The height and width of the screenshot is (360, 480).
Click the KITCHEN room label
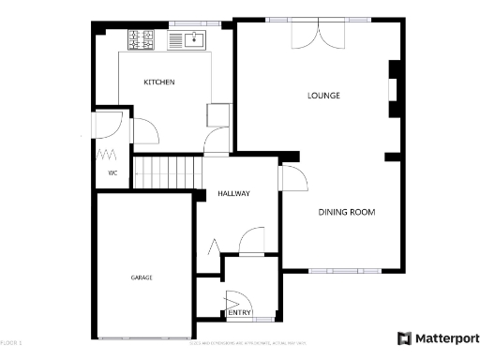click(x=158, y=82)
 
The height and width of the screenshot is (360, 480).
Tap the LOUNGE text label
click(x=323, y=96)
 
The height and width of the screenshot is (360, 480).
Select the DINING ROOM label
click(x=346, y=213)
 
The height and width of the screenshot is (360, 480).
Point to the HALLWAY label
click(x=233, y=193)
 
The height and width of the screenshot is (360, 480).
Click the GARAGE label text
click(x=142, y=277)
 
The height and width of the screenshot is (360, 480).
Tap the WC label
click(x=112, y=173)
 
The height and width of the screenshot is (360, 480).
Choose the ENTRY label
click(x=239, y=313)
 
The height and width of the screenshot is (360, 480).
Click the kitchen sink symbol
click(x=191, y=39)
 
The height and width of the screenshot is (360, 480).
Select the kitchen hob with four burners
click(x=142, y=39)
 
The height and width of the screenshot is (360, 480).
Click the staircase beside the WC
click(x=168, y=172)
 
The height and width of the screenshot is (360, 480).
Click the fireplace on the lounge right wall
click(x=394, y=90)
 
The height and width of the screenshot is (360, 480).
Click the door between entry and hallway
click(x=251, y=243)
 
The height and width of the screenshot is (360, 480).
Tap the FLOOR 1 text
click(x=11, y=342)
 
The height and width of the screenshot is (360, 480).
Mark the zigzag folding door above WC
click(x=107, y=153)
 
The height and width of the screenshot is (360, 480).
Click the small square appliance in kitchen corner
click(x=217, y=114)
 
